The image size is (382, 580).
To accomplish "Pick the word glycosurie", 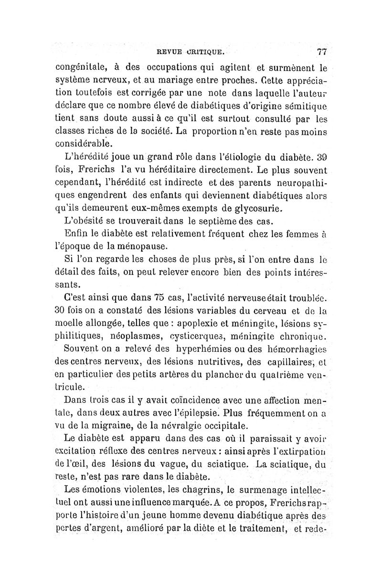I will tap(246, 208).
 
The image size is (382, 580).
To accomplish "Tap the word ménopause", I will tap(139, 247).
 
